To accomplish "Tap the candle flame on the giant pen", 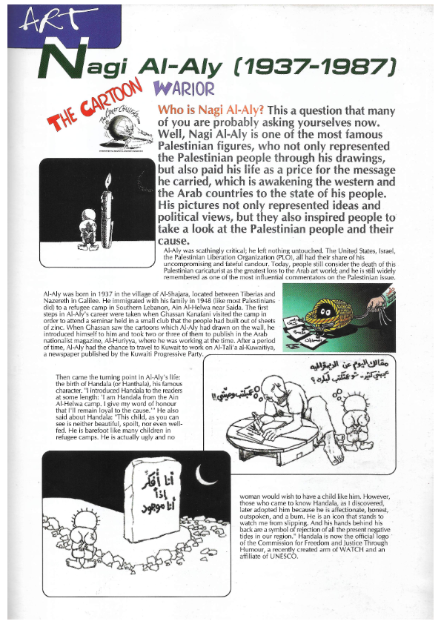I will [109, 181].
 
